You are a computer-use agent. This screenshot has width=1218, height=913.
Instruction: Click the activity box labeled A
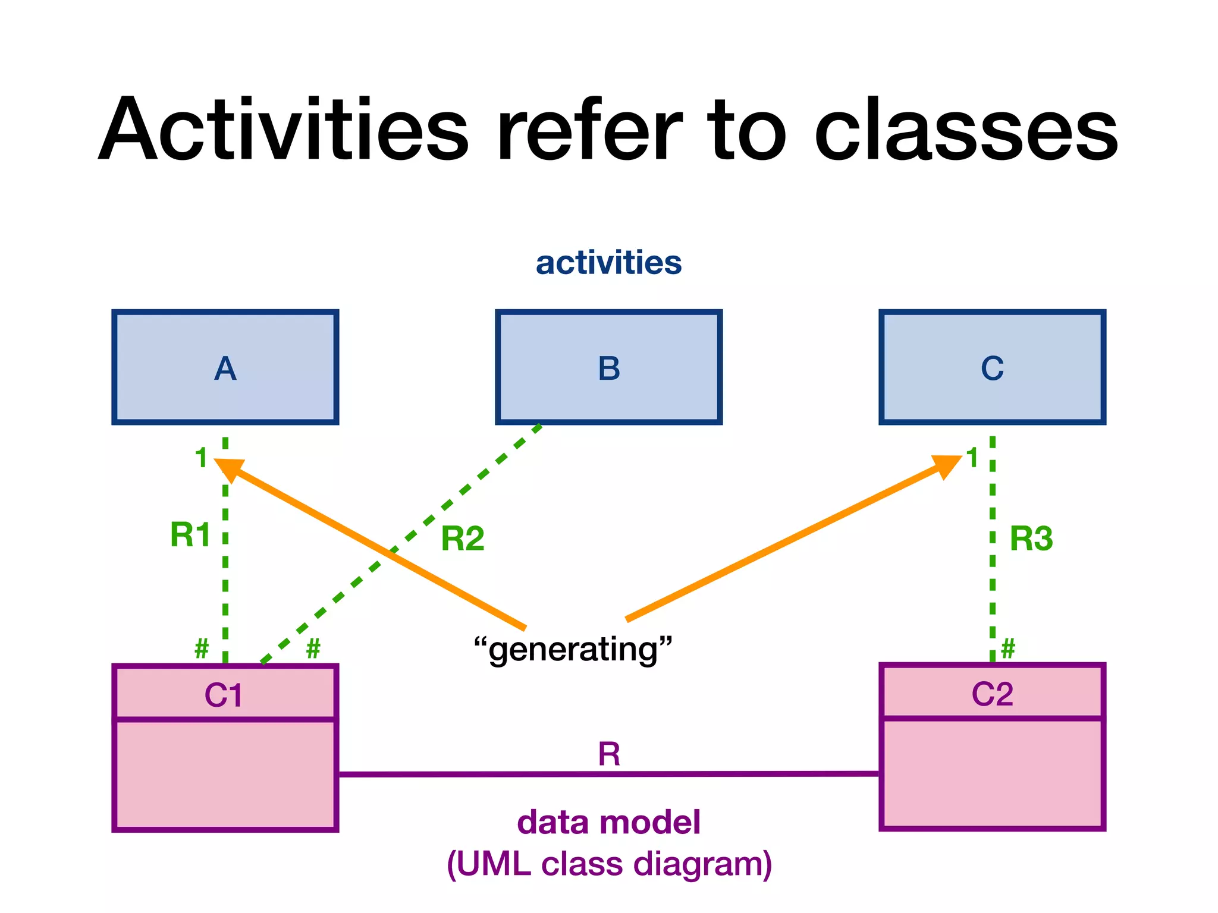click(x=225, y=367)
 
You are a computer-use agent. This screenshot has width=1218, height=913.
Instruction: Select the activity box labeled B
click(x=608, y=367)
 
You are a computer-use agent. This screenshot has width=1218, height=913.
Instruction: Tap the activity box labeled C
click(x=992, y=367)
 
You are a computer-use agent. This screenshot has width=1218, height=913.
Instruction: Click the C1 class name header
click(x=225, y=694)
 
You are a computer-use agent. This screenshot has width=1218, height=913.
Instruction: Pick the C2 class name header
click(x=992, y=693)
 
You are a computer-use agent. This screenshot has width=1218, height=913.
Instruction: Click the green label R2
click(x=463, y=539)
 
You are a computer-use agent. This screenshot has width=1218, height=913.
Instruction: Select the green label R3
click(x=1031, y=539)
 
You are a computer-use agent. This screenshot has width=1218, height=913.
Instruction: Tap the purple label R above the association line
click(x=609, y=754)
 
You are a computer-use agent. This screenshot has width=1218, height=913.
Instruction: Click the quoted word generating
click(x=573, y=649)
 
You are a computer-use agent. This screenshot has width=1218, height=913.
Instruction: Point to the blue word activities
click(x=608, y=263)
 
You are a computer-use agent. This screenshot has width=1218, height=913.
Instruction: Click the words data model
click(x=608, y=822)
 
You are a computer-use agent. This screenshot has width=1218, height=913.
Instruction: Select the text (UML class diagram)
click(x=608, y=864)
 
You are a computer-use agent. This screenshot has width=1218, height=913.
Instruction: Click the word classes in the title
click(x=966, y=131)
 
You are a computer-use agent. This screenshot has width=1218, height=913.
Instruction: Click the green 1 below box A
click(x=202, y=458)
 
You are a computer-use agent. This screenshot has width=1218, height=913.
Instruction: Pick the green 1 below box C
click(x=972, y=458)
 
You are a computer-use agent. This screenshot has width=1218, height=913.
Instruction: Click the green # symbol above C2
click(x=1008, y=648)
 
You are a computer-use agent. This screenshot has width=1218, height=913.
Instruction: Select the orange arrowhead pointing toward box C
click(x=948, y=465)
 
